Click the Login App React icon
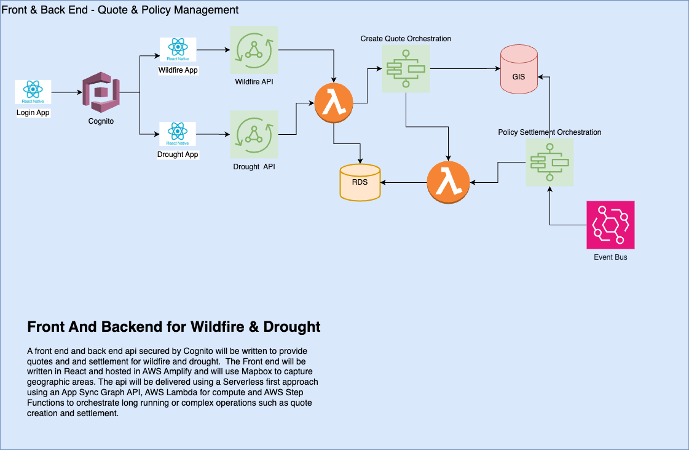click(x=33, y=92)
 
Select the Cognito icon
click(x=101, y=92)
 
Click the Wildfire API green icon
click(x=254, y=50)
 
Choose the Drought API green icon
click(x=254, y=134)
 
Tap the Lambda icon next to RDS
click(x=448, y=183)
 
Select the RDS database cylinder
click(x=360, y=182)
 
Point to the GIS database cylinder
click(x=519, y=69)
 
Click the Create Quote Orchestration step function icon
click(x=406, y=69)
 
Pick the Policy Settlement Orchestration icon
click(x=549, y=163)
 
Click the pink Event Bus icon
click(x=610, y=225)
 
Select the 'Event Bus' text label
click(x=610, y=257)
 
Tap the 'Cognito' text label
click(x=101, y=121)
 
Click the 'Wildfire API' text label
click(x=254, y=82)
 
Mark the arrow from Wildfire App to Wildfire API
click(x=212, y=50)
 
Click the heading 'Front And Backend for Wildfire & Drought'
click(x=174, y=326)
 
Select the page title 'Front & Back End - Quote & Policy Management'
click(x=120, y=10)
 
